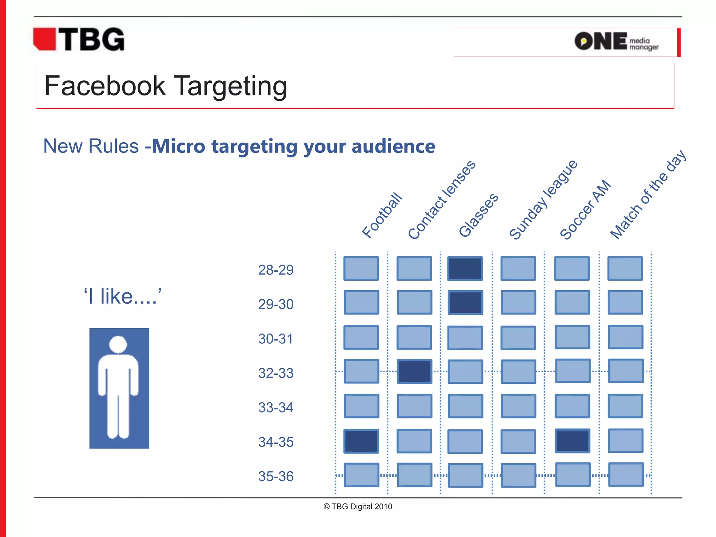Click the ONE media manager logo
point(616,42)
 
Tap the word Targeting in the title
point(230,86)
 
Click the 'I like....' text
point(122,296)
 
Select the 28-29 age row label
point(276,270)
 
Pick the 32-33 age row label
point(276,373)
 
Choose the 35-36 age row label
point(276,476)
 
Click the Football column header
point(382,215)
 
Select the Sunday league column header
point(543,200)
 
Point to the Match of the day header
point(648,194)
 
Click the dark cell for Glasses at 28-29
point(465,268)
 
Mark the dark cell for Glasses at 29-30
point(465,302)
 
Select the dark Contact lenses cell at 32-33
point(415,371)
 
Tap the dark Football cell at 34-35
point(361,441)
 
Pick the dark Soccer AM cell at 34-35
point(572,441)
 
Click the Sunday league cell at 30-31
point(518,338)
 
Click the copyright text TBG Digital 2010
point(358,507)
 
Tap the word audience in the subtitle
point(393,146)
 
